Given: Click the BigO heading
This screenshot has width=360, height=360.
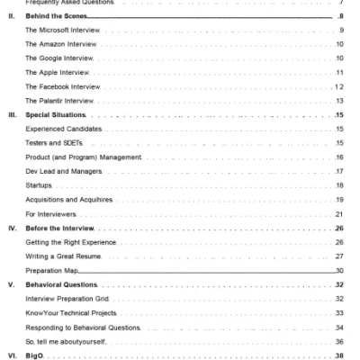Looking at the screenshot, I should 40,355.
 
